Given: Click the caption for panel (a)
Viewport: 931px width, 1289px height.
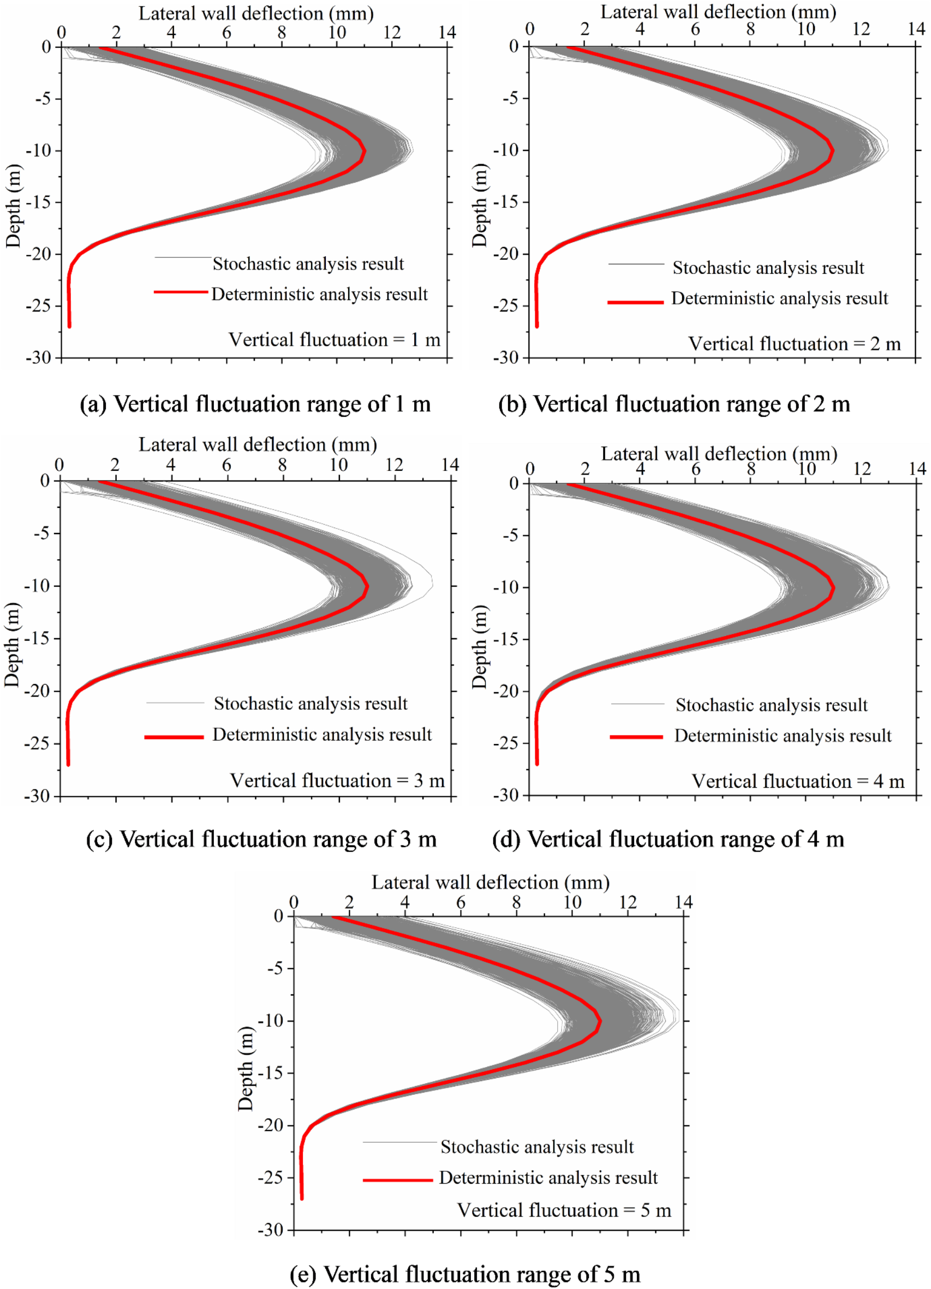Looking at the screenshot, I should (x=255, y=405).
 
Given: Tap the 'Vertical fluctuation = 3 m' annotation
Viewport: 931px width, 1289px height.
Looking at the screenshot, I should (x=337, y=781).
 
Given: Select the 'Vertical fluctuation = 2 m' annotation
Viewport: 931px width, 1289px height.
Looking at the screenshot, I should (x=795, y=344).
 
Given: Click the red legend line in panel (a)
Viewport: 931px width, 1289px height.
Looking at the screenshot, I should (x=181, y=291).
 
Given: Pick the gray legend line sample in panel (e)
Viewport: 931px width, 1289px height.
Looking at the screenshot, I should (x=399, y=1142).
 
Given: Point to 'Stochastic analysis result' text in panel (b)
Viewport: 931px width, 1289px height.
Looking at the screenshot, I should (x=768, y=268).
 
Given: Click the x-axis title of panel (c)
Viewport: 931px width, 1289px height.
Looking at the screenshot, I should (x=258, y=444).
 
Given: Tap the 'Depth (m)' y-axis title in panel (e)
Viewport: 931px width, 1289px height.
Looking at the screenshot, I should (x=246, y=1069).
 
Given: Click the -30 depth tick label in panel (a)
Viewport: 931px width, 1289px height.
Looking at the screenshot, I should (x=38, y=357).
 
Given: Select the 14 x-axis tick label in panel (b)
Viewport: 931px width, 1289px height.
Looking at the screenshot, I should (x=916, y=29).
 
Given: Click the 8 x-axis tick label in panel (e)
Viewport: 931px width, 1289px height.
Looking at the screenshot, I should (x=516, y=903).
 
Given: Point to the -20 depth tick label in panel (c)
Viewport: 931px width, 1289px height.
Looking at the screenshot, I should (x=38, y=691).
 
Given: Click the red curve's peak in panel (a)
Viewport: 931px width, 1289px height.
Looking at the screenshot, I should (x=365, y=151).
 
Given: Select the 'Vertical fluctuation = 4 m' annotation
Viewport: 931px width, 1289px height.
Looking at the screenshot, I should (x=797, y=782).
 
